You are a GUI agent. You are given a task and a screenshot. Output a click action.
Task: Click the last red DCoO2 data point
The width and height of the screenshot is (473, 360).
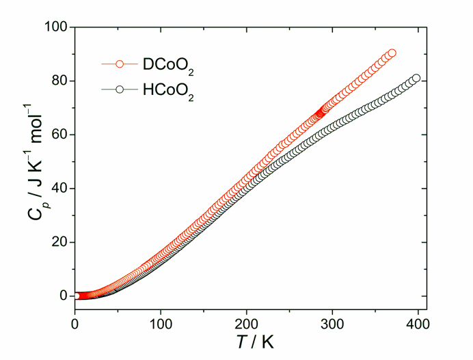[392, 53]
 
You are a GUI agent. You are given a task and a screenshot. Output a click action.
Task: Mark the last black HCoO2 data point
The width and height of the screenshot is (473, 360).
[416, 78]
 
